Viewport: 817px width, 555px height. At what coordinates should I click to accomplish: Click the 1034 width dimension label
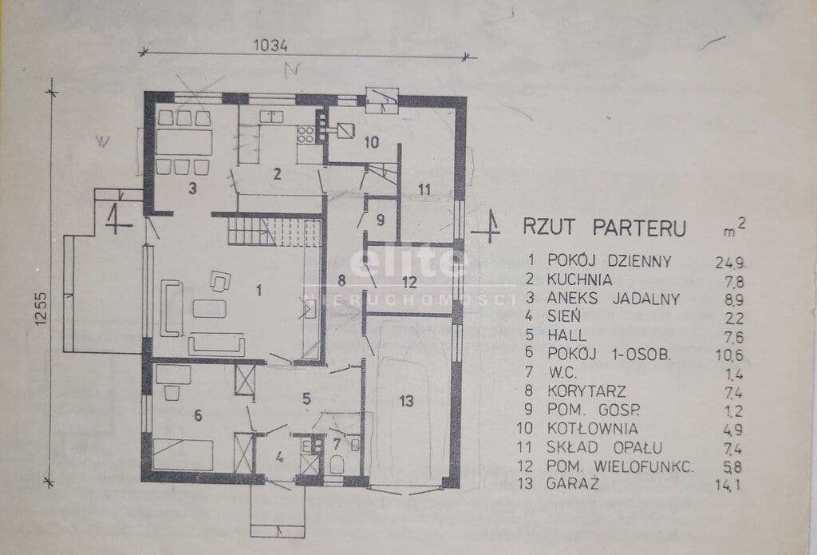(x=270, y=46)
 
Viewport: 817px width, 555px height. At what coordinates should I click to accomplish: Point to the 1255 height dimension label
(x=41, y=308)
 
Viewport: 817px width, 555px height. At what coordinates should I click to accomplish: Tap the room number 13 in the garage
(x=406, y=401)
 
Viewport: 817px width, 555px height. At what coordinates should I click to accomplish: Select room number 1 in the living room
(x=259, y=290)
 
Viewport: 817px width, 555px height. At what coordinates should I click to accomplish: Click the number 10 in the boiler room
(x=372, y=142)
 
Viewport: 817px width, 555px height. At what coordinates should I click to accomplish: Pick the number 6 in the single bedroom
(x=198, y=415)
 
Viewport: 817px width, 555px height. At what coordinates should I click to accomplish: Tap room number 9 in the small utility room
(x=381, y=220)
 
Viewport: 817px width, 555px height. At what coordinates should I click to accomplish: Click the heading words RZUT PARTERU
(x=605, y=228)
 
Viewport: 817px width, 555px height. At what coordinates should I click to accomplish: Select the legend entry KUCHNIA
(x=579, y=279)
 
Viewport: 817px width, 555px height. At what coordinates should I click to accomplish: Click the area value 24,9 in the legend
(x=729, y=263)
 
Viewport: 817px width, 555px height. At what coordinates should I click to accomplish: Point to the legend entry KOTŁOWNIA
(x=592, y=428)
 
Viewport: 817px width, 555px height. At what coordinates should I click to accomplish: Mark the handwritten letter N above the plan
(x=292, y=70)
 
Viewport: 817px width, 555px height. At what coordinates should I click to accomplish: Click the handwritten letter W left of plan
(x=103, y=141)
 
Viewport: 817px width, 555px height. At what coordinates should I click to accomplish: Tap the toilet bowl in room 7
(x=337, y=464)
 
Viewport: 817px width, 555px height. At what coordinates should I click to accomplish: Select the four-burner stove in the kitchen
(x=306, y=135)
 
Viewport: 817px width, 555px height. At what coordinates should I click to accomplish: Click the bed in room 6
(x=183, y=454)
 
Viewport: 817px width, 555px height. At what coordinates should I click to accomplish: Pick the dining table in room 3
(x=184, y=142)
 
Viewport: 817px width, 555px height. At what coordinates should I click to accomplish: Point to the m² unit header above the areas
(x=734, y=228)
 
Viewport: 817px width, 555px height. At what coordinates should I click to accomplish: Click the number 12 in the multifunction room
(x=409, y=282)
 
